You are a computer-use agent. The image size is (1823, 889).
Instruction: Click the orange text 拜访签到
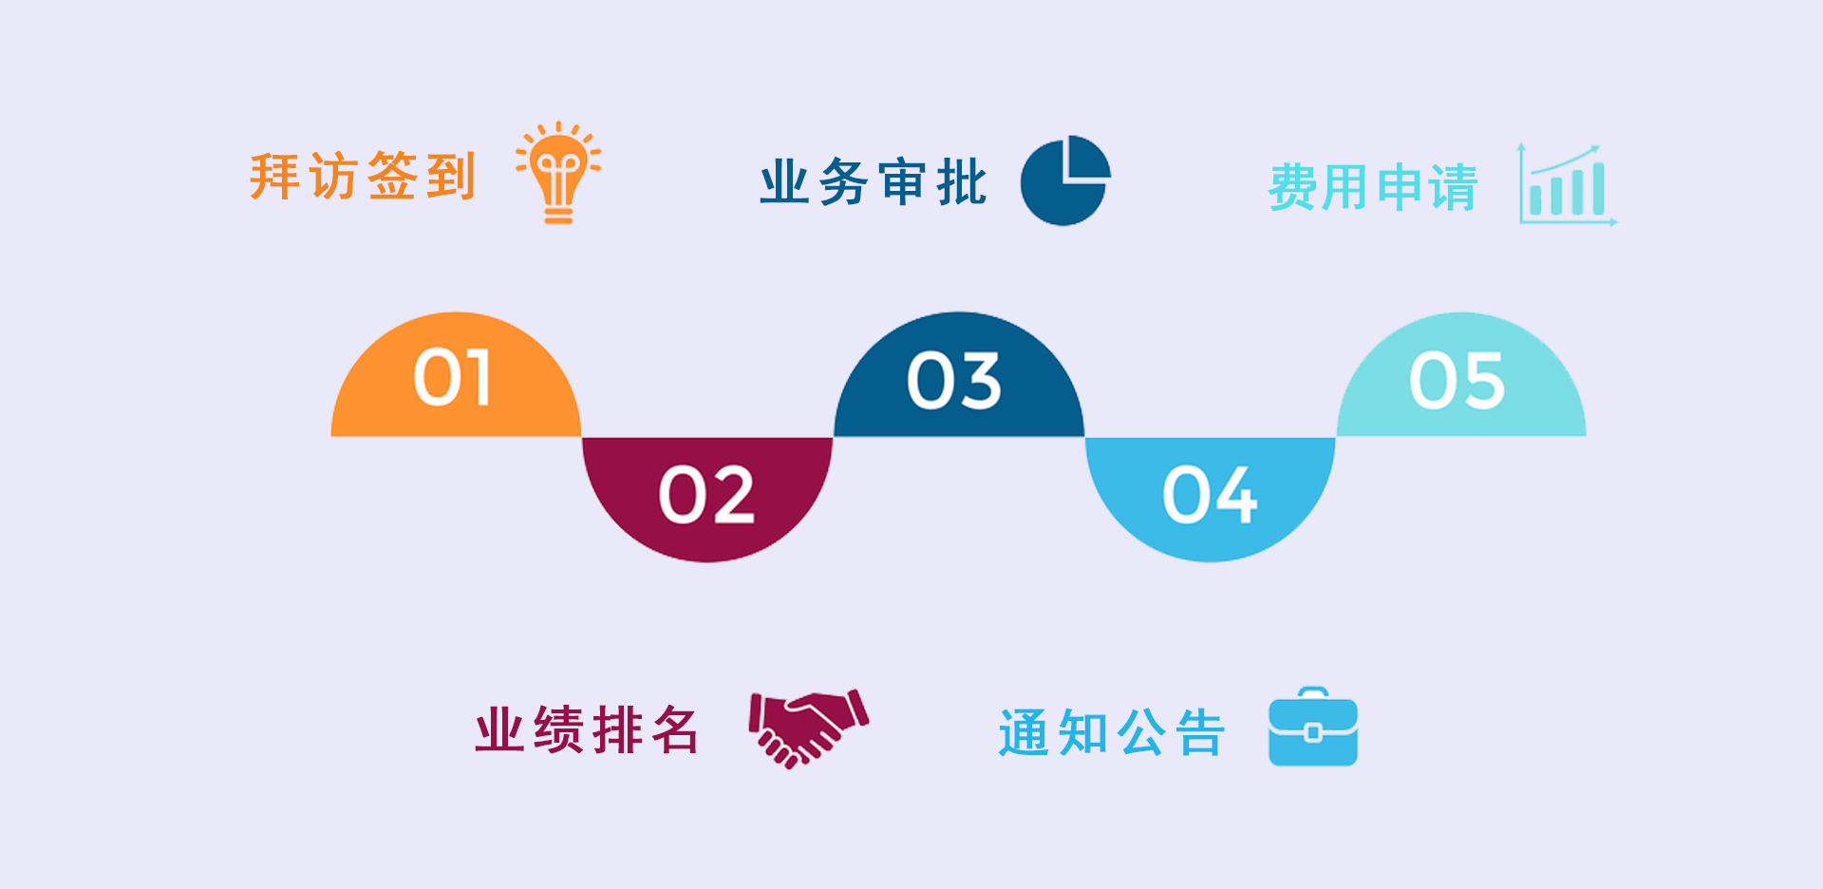[x=362, y=176]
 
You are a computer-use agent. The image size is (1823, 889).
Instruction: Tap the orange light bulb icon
[x=558, y=173]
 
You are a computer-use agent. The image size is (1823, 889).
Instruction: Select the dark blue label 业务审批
[x=874, y=182]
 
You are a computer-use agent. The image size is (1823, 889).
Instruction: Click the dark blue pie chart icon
[x=1065, y=180]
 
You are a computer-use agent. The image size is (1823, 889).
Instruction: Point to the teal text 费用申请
[x=1373, y=187]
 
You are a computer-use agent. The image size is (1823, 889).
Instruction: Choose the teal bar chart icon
[x=1568, y=184]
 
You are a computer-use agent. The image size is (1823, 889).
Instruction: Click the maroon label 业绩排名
[x=588, y=729]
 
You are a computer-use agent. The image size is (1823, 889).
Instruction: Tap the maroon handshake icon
[x=809, y=728]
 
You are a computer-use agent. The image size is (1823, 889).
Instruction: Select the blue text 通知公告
[x=1112, y=732]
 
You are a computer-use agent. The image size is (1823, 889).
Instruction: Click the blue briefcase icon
[x=1313, y=727]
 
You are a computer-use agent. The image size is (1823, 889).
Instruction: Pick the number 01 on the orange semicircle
[x=453, y=378]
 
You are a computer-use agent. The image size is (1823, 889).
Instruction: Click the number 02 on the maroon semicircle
[x=707, y=495]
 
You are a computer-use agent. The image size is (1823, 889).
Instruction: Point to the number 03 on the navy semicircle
[x=954, y=381]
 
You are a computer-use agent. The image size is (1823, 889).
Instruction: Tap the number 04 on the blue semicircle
[x=1211, y=495]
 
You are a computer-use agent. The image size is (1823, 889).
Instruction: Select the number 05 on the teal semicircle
[x=1457, y=381]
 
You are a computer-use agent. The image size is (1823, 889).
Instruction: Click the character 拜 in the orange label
[x=275, y=176]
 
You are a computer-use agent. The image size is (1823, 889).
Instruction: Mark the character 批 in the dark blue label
[x=962, y=182]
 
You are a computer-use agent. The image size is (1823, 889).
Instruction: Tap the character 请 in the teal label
[x=1454, y=187]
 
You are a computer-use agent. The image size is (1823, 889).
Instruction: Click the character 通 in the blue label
[x=1024, y=732]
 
